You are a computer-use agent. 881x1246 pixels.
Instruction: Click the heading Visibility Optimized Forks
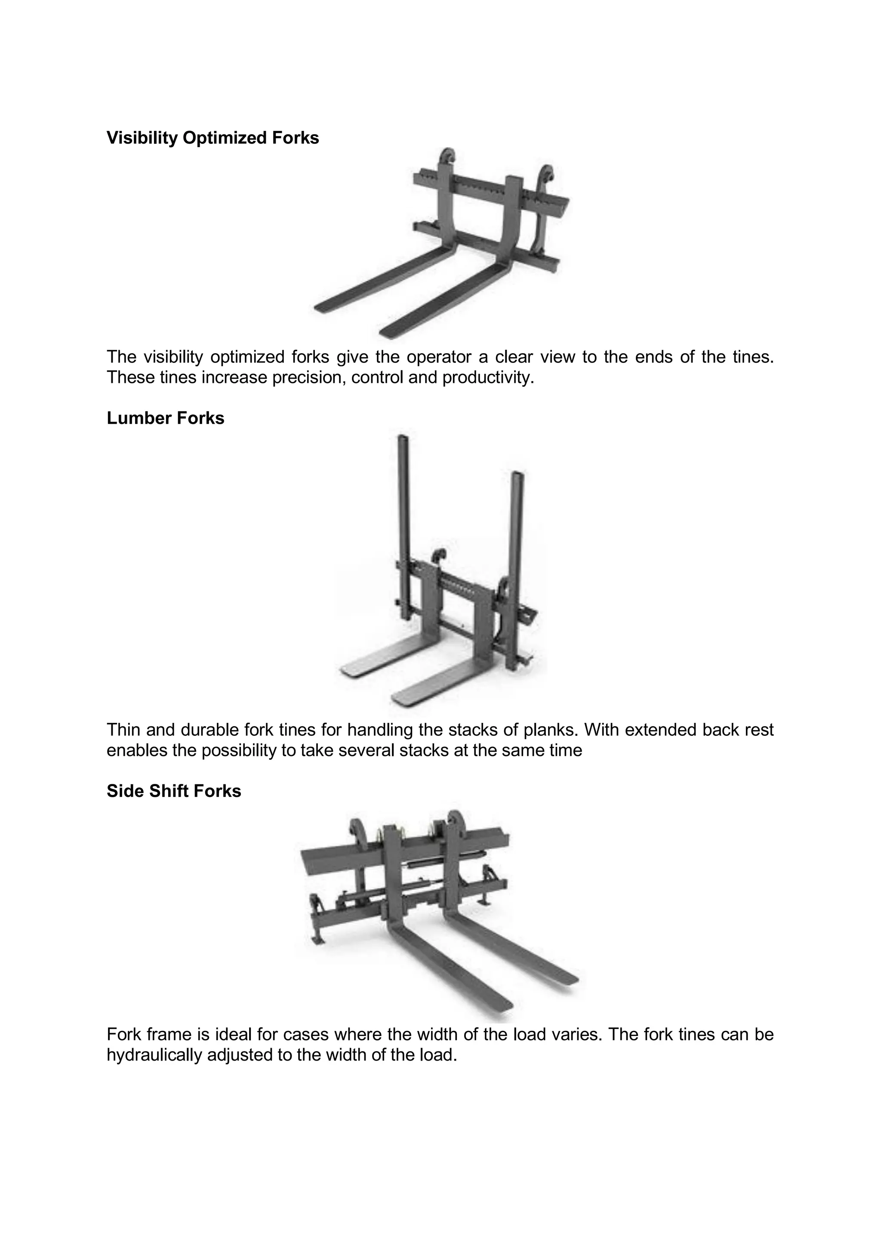click(213, 138)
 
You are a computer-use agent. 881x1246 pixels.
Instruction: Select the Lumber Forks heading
click(166, 418)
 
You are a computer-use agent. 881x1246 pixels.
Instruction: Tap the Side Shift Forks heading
click(174, 791)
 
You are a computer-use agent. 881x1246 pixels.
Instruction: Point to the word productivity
click(488, 377)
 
